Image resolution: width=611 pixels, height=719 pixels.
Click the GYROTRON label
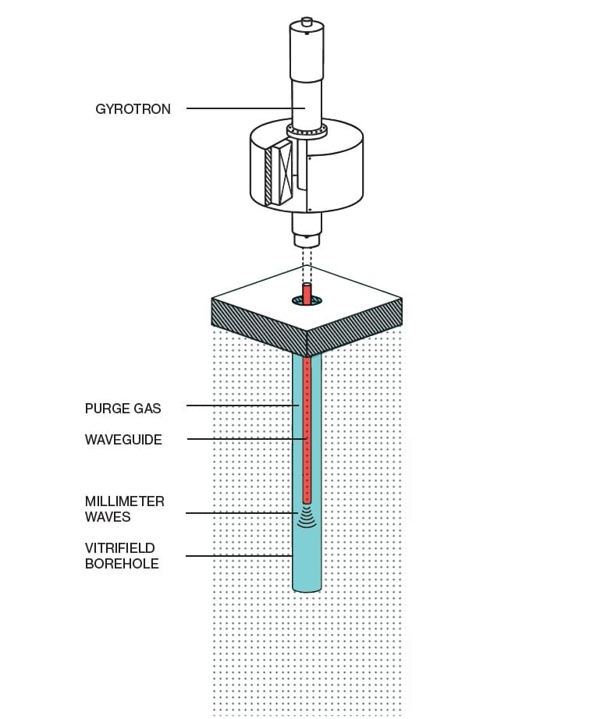[133, 109]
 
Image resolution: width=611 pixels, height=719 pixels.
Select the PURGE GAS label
[123, 408]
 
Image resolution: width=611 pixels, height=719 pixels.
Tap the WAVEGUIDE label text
[123, 440]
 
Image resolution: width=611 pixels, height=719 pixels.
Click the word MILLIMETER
[125, 501]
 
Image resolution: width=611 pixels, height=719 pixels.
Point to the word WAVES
[108, 516]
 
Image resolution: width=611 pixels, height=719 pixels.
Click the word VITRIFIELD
[121, 547]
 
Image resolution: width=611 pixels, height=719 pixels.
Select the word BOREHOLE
[122, 563]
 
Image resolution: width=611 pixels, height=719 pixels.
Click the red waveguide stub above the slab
[307, 294]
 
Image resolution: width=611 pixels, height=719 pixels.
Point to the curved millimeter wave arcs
[307, 518]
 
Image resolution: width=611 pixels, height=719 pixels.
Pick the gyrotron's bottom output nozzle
[307, 225]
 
